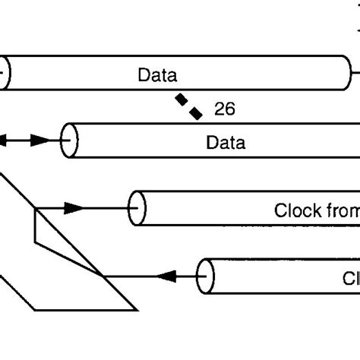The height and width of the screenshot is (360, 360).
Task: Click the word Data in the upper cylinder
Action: [x=157, y=75]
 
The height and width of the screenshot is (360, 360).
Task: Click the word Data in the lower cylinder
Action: [x=226, y=141]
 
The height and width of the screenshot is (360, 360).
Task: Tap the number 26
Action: [x=224, y=109]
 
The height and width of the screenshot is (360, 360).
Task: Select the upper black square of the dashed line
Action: [x=182, y=99]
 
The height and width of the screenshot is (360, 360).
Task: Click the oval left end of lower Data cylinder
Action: [x=70, y=141]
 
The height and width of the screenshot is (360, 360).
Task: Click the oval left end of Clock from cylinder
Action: [x=137, y=207]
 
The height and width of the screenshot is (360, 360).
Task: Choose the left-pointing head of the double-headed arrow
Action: [x=4, y=141]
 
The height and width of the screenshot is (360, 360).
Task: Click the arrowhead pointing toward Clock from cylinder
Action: [x=72, y=207]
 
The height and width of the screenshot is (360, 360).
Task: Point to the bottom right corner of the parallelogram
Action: [x=137, y=309]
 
